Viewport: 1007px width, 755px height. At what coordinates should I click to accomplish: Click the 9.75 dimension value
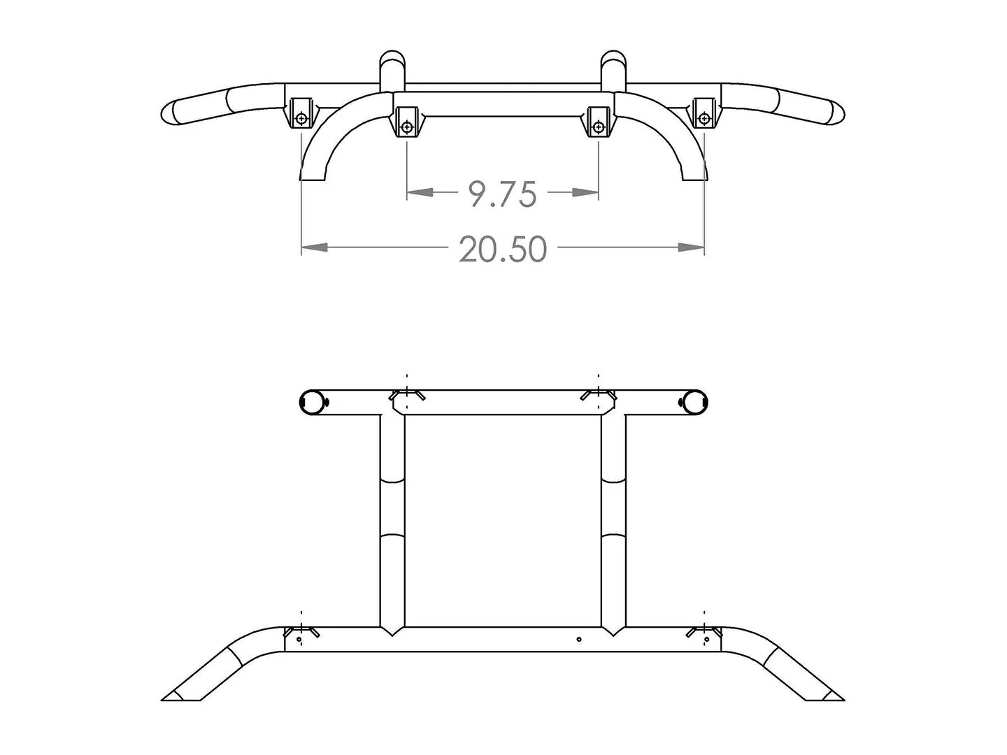coord(502,194)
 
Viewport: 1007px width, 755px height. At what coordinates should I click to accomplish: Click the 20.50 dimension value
coord(502,249)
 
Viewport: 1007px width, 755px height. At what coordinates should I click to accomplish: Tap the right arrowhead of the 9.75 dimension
coord(586,192)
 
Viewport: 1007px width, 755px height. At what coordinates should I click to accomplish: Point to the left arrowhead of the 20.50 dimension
coord(315,247)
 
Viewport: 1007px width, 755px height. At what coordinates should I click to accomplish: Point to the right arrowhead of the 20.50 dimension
coord(692,247)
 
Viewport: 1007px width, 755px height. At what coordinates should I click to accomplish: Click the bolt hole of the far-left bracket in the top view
coord(301,119)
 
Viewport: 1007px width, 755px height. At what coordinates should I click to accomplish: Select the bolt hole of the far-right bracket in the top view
coord(704,119)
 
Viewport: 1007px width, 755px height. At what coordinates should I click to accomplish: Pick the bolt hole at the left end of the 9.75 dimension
coord(407,127)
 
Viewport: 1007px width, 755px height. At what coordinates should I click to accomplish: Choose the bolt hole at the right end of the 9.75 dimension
coord(598,127)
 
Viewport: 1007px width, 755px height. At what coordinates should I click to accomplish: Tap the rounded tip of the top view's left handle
coord(168,113)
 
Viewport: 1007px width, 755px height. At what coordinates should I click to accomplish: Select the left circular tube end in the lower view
coord(311,401)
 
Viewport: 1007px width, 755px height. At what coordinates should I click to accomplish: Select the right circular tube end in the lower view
coord(694,401)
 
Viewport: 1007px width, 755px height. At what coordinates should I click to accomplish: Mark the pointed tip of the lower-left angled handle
coord(165,697)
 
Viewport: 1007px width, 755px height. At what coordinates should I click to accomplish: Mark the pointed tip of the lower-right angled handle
coord(841,697)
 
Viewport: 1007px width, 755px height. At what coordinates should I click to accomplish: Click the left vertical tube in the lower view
coord(392,517)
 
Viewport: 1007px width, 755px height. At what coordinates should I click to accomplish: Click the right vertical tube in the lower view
coord(613,517)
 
